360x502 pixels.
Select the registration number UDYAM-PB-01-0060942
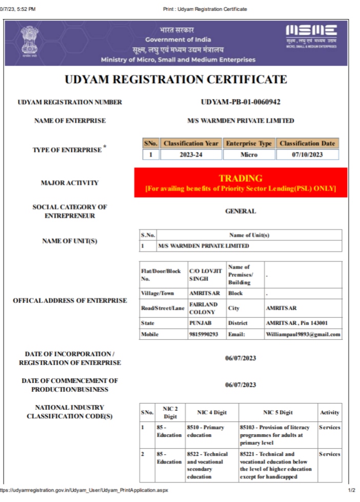point(241,102)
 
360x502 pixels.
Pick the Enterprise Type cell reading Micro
point(249,155)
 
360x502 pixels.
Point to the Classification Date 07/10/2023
point(307,155)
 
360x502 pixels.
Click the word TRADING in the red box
point(241,179)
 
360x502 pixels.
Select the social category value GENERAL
point(241,211)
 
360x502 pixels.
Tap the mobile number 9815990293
point(204,335)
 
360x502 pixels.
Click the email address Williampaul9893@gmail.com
point(303,335)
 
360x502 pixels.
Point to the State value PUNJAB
point(201,323)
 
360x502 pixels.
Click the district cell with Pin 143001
point(296,323)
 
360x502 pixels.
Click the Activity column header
point(329,412)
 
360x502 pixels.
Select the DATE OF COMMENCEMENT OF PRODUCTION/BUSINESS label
point(70,385)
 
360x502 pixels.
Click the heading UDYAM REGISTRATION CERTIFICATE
point(176,80)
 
